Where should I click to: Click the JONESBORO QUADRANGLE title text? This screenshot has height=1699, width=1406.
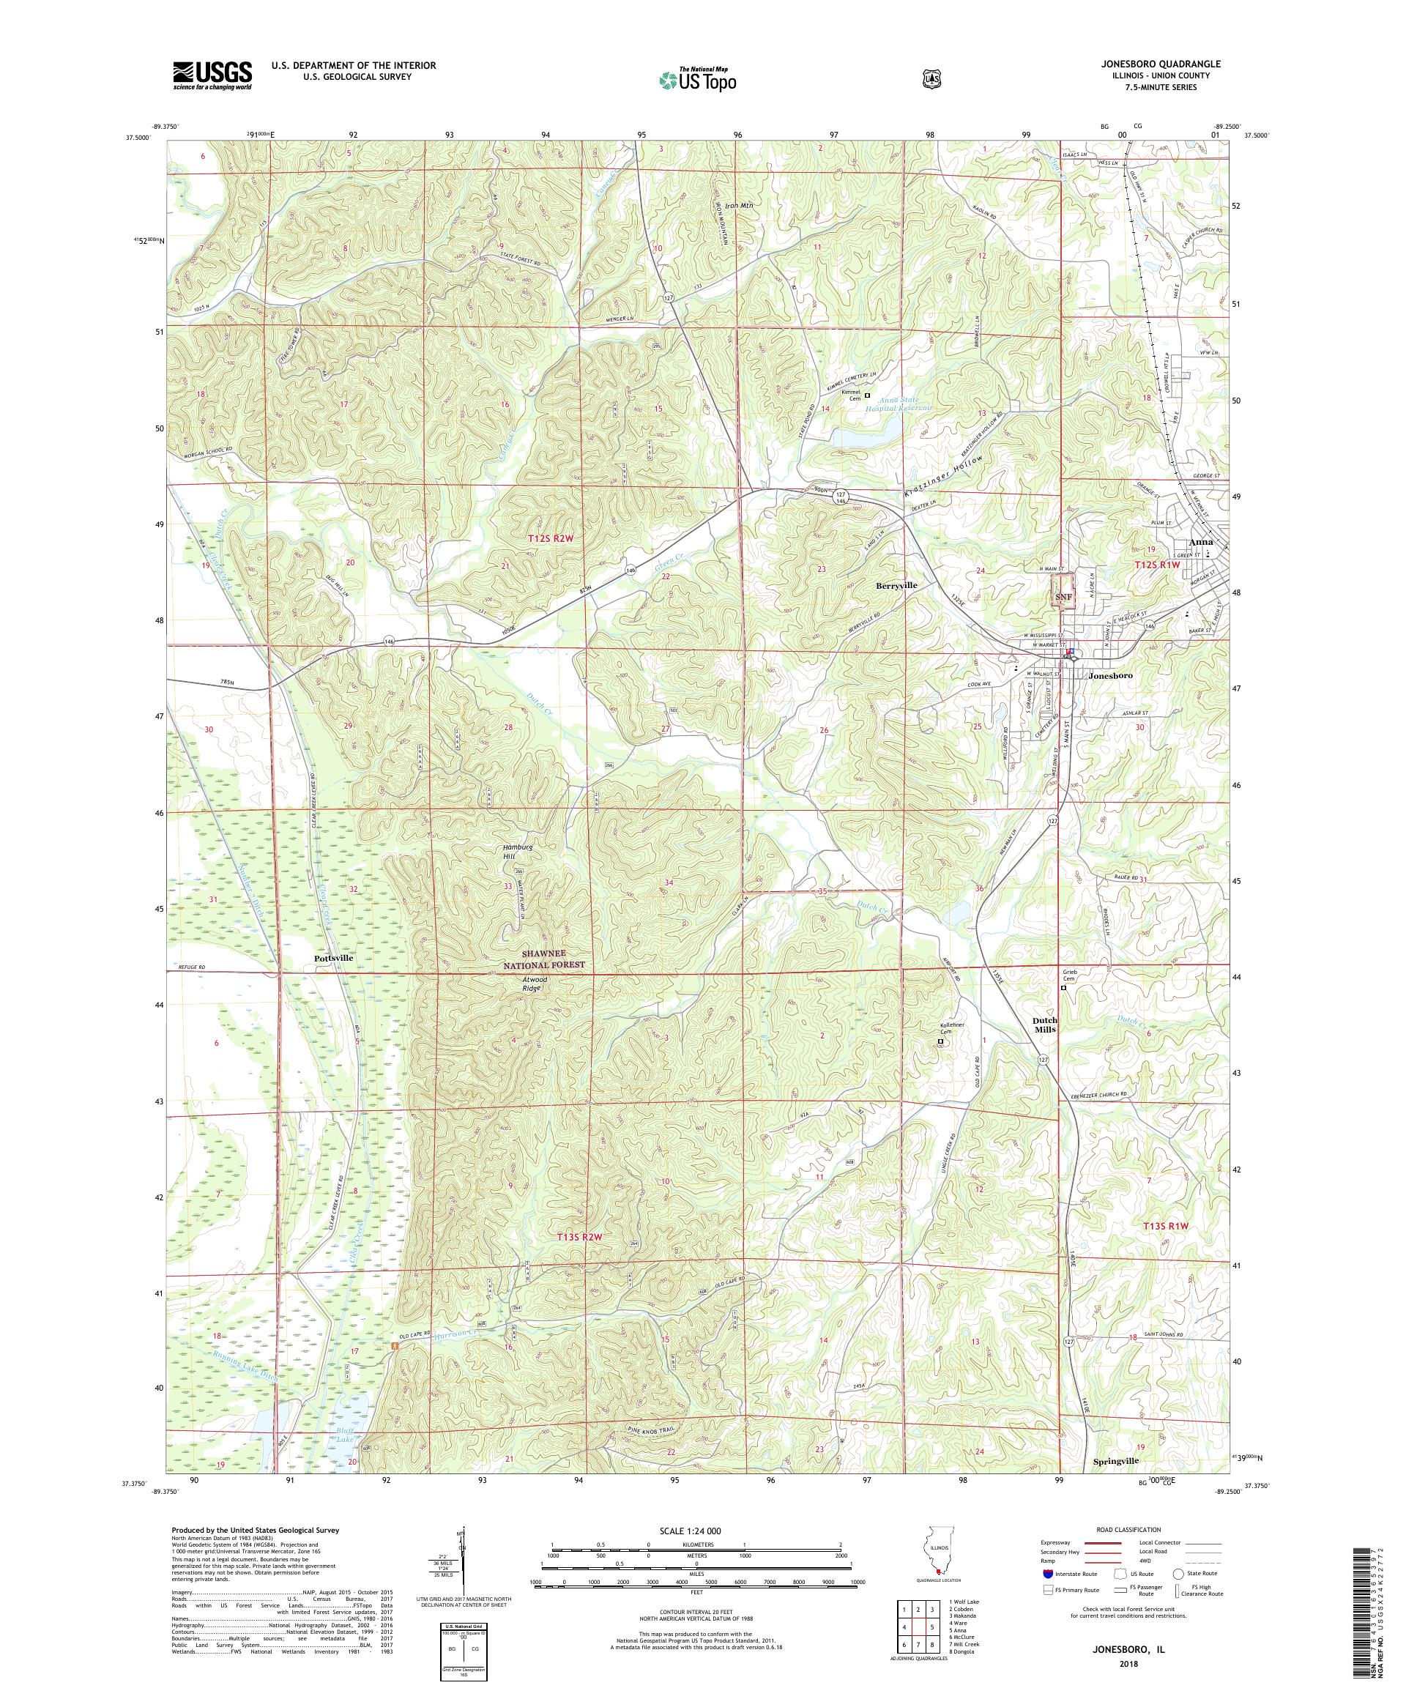[x=1177, y=64]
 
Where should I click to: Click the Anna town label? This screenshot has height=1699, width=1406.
[x=1199, y=542]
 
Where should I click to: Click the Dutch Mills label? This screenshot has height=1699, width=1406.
[x=1044, y=1025]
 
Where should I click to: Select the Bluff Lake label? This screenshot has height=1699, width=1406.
[x=346, y=1438]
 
